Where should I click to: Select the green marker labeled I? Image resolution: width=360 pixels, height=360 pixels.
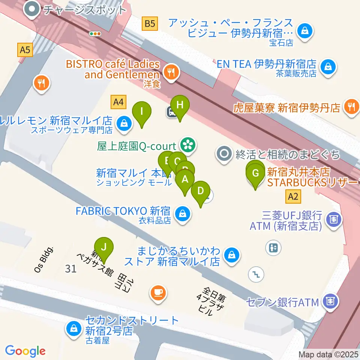142,112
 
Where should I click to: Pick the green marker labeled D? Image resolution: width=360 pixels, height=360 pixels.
201,191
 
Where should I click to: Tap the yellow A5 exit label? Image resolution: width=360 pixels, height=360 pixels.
25,49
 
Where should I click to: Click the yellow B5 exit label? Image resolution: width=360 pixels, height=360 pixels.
150,24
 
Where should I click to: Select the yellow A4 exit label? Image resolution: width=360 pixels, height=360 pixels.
118,101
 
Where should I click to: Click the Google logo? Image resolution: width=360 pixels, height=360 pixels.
25,351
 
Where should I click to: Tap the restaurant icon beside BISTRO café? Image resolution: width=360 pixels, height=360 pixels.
172,71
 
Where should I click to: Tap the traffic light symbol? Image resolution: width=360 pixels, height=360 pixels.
96,34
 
